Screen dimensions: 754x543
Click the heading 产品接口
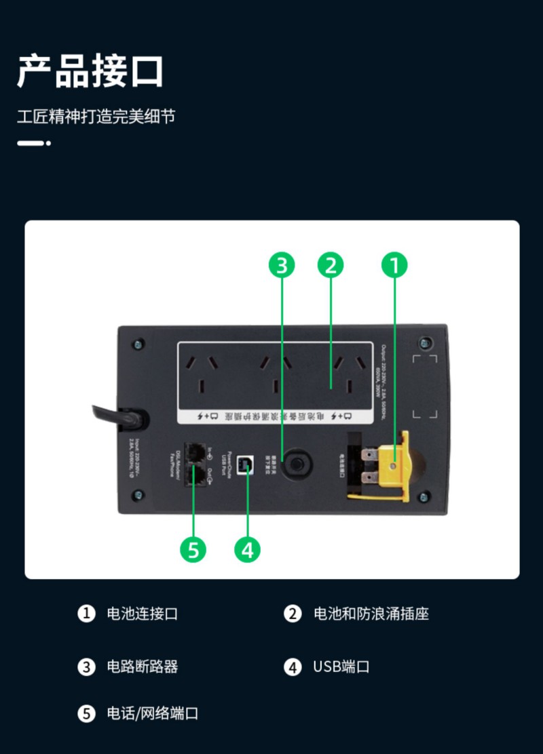click(x=90, y=71)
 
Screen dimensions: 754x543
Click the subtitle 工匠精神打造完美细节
click(x=96, y=116)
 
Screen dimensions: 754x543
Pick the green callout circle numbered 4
click(x=247, y=549)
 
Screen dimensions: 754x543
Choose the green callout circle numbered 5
click(x=193, y=549)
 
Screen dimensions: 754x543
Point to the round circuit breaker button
click(x=295, y=464)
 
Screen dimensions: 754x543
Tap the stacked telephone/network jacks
click(x=195, y=464)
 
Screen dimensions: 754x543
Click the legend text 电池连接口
click(x=143, y=614)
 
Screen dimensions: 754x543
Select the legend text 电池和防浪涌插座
click(x=371, y=614)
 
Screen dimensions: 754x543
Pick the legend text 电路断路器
click(x=143, y=667)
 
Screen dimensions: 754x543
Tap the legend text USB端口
click(x=341, y=667)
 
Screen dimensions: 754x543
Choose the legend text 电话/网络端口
click(x=152, y=713)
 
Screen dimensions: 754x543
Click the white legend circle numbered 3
click(x=86, y=667)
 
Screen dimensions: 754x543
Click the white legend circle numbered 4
click(x=293, y=667)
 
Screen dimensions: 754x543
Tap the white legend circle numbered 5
click(x=86, y=713)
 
